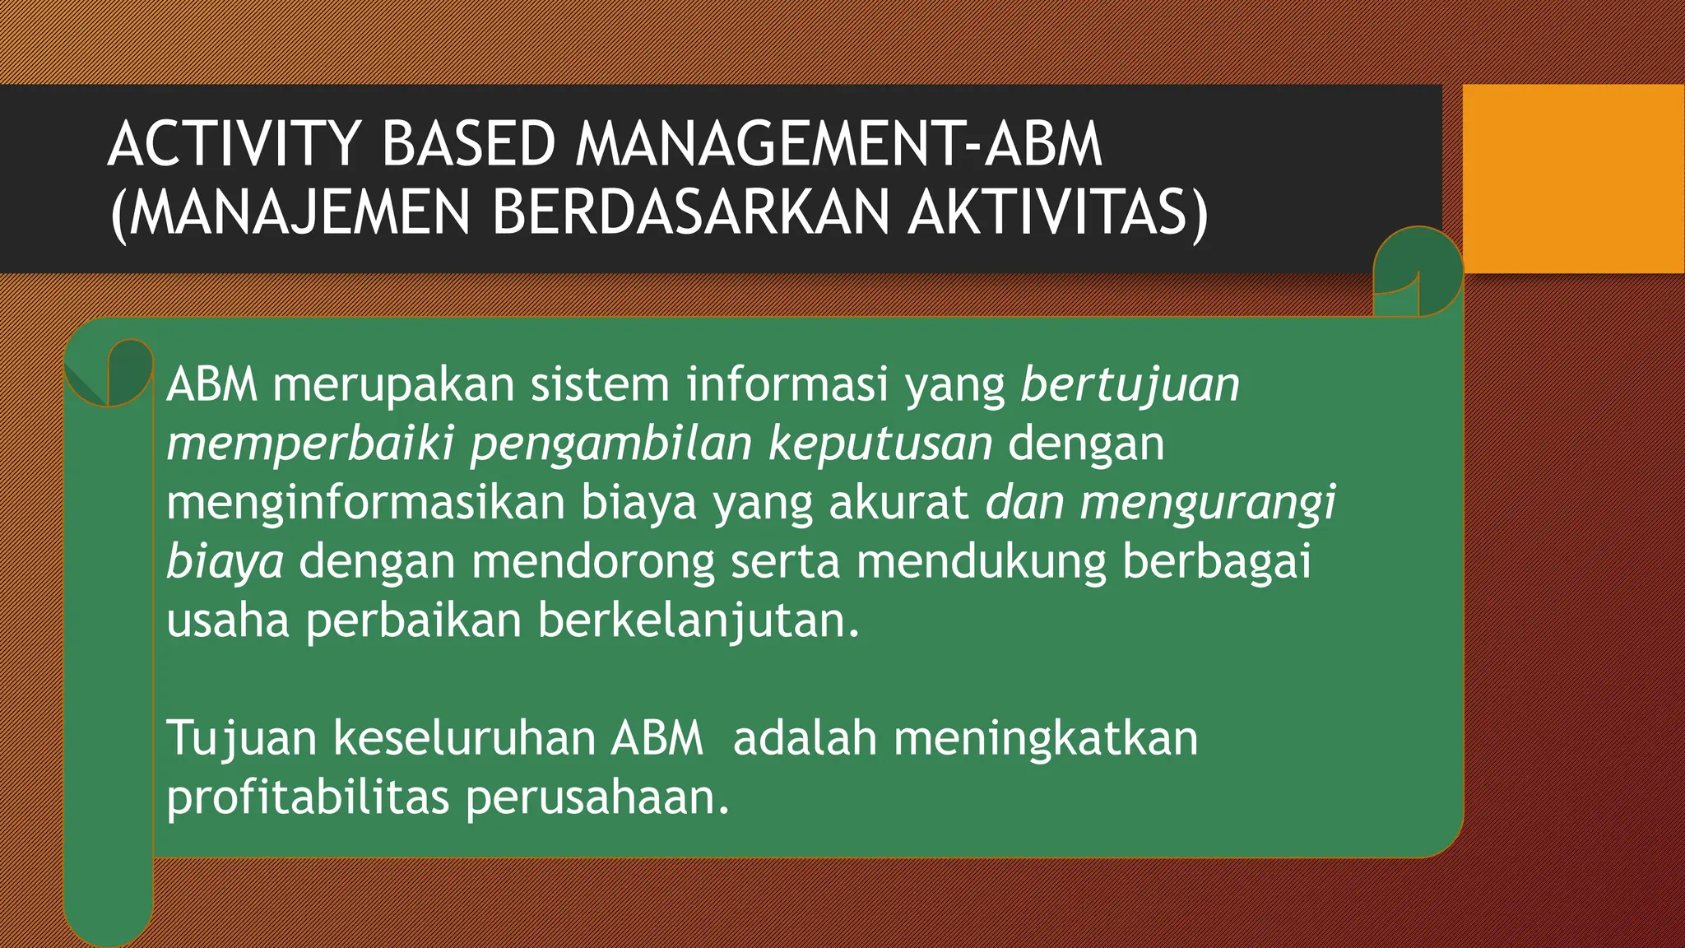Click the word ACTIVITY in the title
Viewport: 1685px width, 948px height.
click(234, 145)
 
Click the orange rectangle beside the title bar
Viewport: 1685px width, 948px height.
click(1573, 179)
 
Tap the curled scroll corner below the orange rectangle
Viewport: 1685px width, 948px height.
click(1417, 272)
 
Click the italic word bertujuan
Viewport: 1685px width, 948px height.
click(1130, 385)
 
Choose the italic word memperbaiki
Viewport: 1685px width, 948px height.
click(310, 444)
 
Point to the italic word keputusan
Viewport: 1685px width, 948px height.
click(880, 444)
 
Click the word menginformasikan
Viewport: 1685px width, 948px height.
click(365, 503)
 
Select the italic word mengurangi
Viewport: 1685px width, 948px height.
click(1208, 503)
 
